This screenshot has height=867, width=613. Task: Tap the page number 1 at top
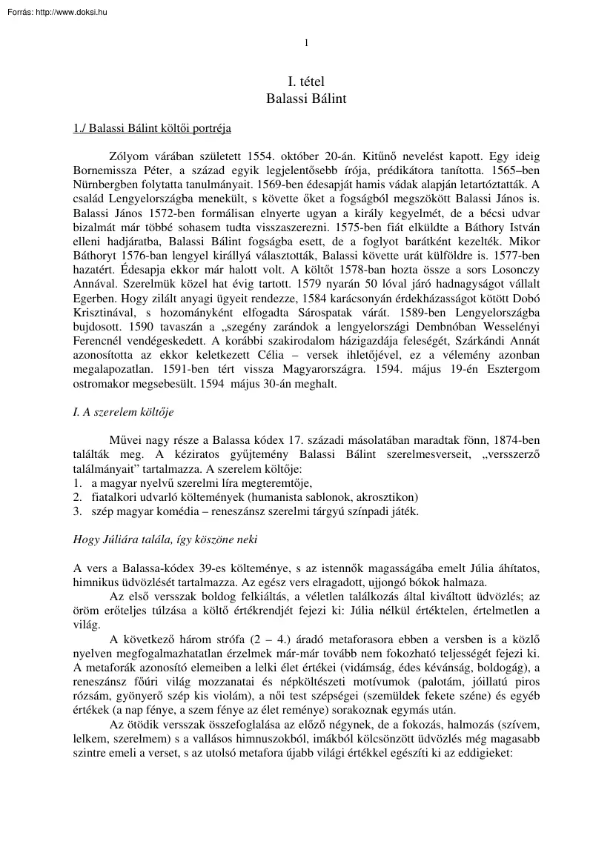coord(306,42)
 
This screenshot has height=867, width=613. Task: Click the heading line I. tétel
coord(306,81)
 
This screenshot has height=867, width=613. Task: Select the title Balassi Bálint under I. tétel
coord(306,97)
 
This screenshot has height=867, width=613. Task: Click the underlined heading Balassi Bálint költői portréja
coord(152,128)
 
